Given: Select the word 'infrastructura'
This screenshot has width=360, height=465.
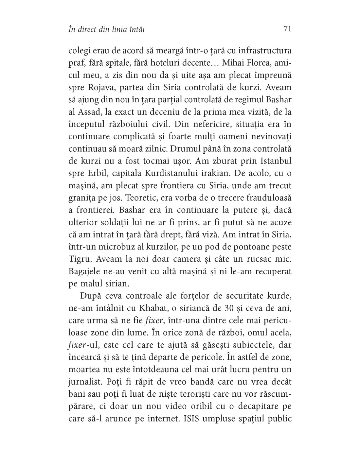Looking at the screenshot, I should pyautogui.click(x=258, y=51).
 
